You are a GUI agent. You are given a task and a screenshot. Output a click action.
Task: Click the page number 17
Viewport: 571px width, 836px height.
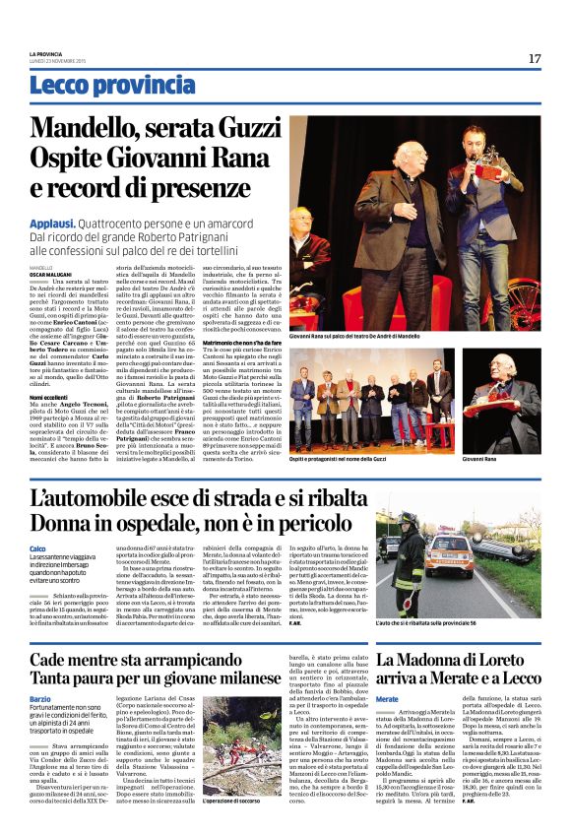(x=534, y=59)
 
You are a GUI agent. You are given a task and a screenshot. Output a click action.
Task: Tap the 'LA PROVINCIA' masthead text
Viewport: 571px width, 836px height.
(x=45, y=53)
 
